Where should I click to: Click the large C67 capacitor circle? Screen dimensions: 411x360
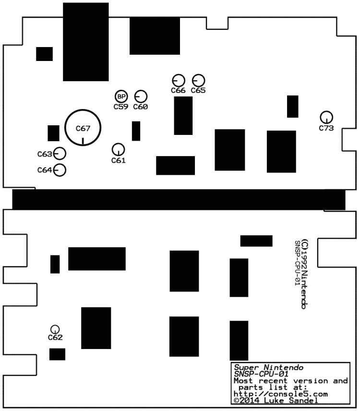click(83, 127)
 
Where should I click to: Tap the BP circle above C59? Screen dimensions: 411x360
click(121, 97)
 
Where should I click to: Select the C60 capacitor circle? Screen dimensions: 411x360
click(141, 97)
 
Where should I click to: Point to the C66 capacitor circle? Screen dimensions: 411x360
click(178, 81)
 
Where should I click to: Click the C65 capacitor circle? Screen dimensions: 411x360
click(198, 81)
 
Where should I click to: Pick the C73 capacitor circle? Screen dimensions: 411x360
click(326, 117)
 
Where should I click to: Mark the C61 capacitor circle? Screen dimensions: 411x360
click(118, 149)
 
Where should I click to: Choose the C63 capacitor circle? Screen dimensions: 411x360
click(60, 154)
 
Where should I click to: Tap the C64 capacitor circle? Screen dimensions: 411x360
click(60, 170)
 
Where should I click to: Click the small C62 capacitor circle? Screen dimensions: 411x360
click(55, 329)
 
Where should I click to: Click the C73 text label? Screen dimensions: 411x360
click(326, 128)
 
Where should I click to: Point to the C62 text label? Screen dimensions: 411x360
click(55, 338)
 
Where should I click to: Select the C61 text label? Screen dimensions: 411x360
click(118, 160)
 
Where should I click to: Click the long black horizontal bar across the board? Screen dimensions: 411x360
click(179, 199)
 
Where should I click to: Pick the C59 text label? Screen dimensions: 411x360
click(121, 107)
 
